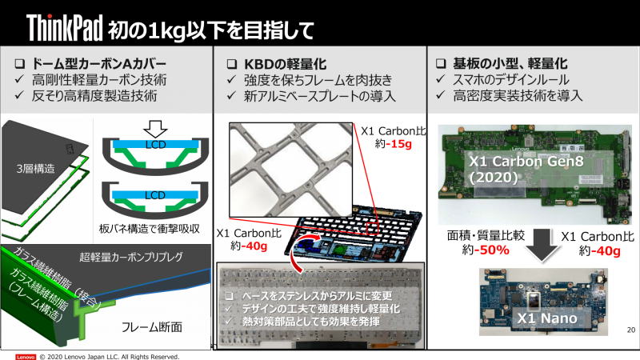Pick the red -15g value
400,145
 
